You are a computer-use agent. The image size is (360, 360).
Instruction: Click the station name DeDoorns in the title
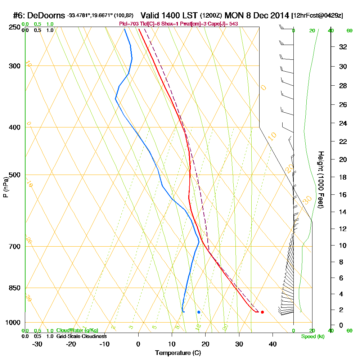46,16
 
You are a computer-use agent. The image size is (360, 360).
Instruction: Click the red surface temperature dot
262,312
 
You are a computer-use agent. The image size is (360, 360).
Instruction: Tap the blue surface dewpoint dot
199,312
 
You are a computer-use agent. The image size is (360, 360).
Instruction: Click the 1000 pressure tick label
13,323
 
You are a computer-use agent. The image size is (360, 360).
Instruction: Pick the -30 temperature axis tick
37,344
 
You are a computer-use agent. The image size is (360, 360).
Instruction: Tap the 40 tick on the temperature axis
273,344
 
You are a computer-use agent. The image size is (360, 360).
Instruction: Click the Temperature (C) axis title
178,353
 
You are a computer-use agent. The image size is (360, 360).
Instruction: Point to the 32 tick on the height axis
343,47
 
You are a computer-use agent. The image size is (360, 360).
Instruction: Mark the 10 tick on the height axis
343,246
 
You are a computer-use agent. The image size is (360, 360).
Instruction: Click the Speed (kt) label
312,336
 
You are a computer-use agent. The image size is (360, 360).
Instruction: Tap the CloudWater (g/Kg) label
77,330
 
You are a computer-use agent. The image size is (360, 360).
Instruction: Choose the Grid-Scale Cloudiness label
81,336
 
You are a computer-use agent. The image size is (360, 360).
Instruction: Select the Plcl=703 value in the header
129,24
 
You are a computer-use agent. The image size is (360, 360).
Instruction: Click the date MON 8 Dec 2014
257,16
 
